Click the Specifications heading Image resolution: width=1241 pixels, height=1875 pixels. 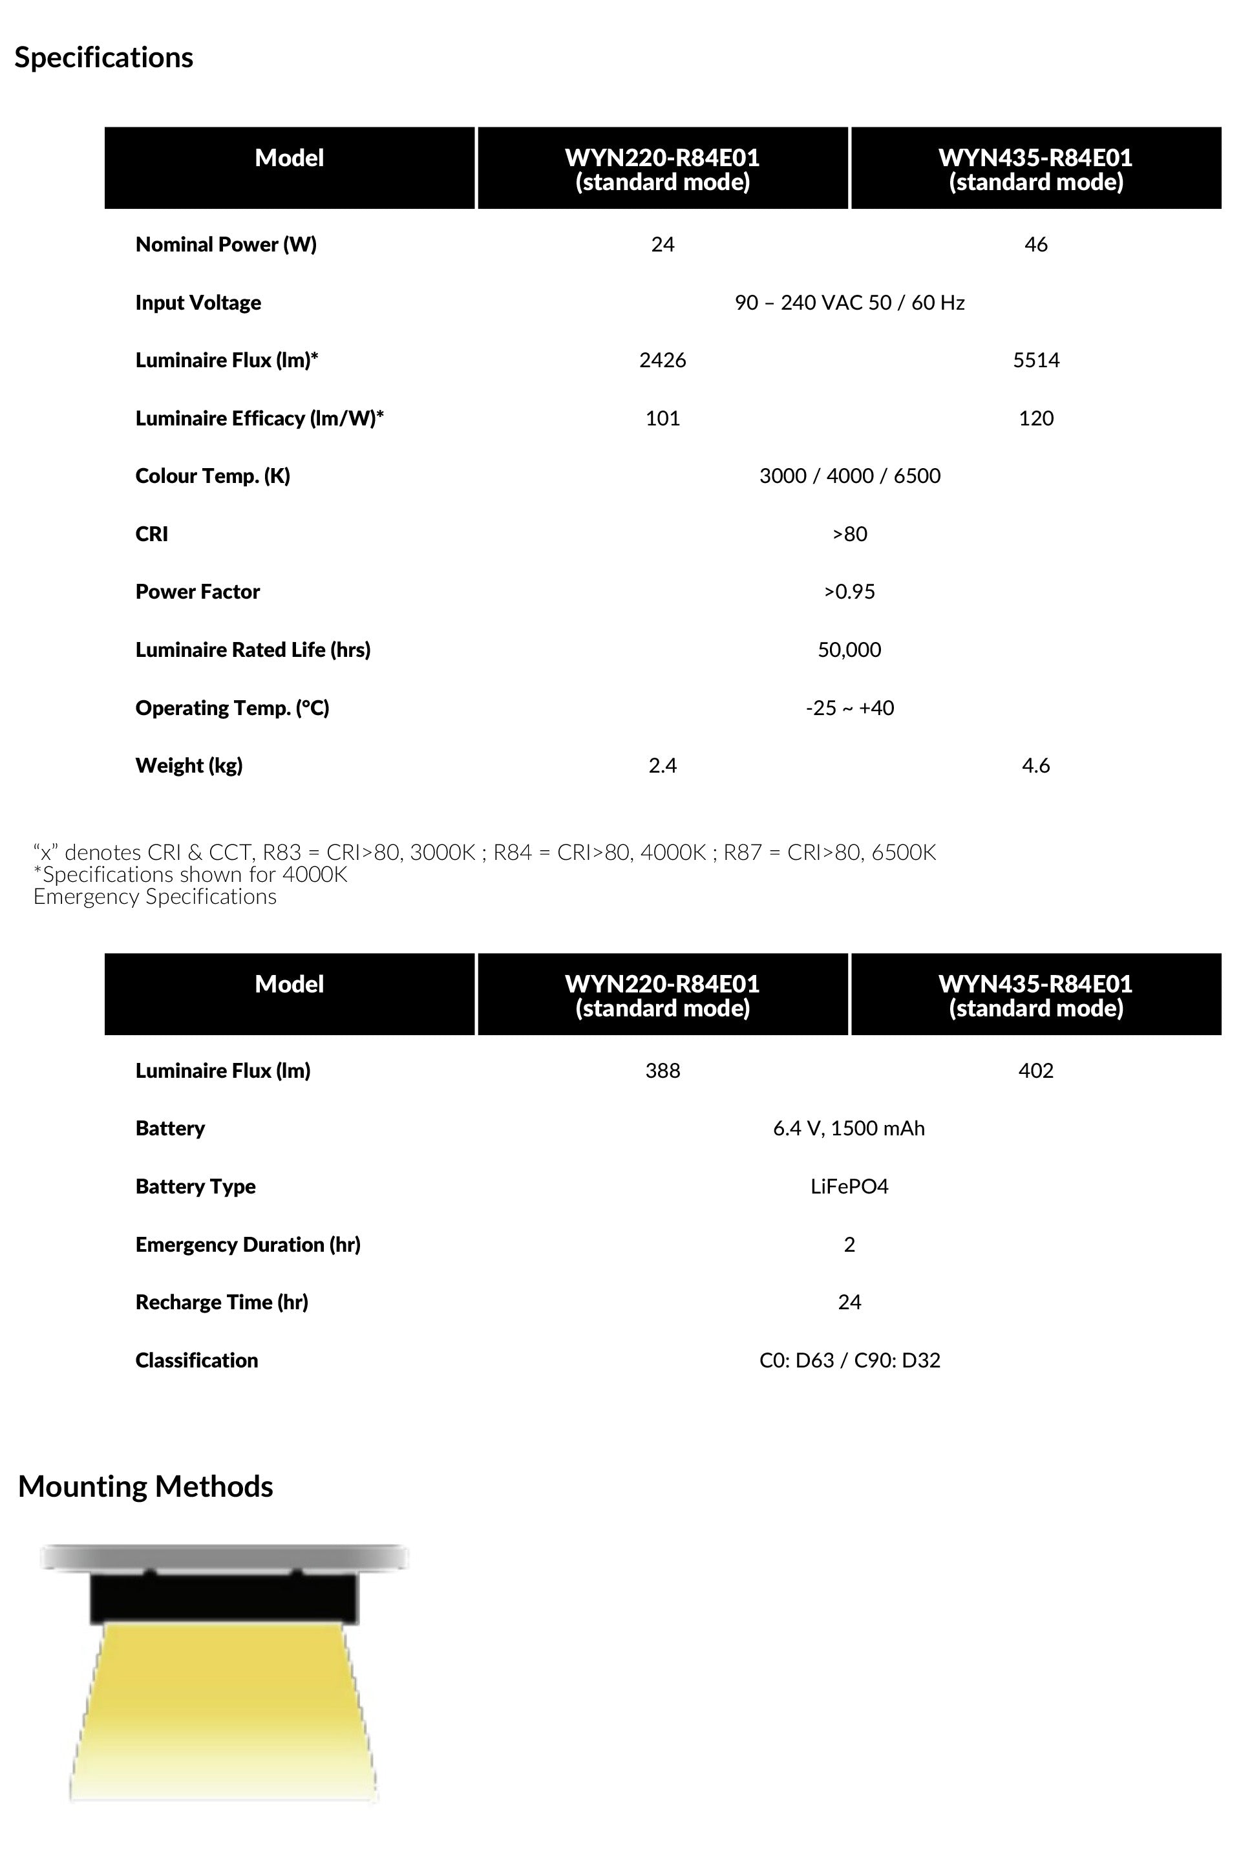coord(103,58)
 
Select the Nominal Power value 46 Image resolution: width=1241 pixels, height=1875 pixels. coord(1035,244)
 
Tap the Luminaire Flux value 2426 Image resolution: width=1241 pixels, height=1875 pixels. coord(663,360)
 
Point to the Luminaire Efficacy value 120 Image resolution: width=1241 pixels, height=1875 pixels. coord(1035,418)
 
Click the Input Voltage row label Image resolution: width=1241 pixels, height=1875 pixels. coord(198,303)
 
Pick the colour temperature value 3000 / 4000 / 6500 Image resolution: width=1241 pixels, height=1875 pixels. coord(849,476)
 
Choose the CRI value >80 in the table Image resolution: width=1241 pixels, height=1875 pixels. coord(849,534)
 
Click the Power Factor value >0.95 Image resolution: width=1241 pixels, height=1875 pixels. coord(849,592)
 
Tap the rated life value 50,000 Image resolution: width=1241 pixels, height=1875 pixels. coord(849,650)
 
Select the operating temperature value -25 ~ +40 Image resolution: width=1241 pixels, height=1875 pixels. coord(849,707)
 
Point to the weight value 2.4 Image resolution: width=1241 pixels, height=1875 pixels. coord(663,766)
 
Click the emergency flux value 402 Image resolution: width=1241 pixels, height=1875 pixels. coord(1035,1071)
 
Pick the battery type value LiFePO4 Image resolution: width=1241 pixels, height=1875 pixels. coord(849,1186)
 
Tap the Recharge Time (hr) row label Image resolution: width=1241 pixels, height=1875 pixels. coord(222,1302)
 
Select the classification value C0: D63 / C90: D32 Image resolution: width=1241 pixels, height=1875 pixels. coord(849,1360)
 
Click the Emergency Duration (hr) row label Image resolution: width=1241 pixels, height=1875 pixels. coord(248,1244)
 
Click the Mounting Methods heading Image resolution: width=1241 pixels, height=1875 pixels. coord(145,1486)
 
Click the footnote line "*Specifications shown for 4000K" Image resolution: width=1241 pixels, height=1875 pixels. coord(190,875)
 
